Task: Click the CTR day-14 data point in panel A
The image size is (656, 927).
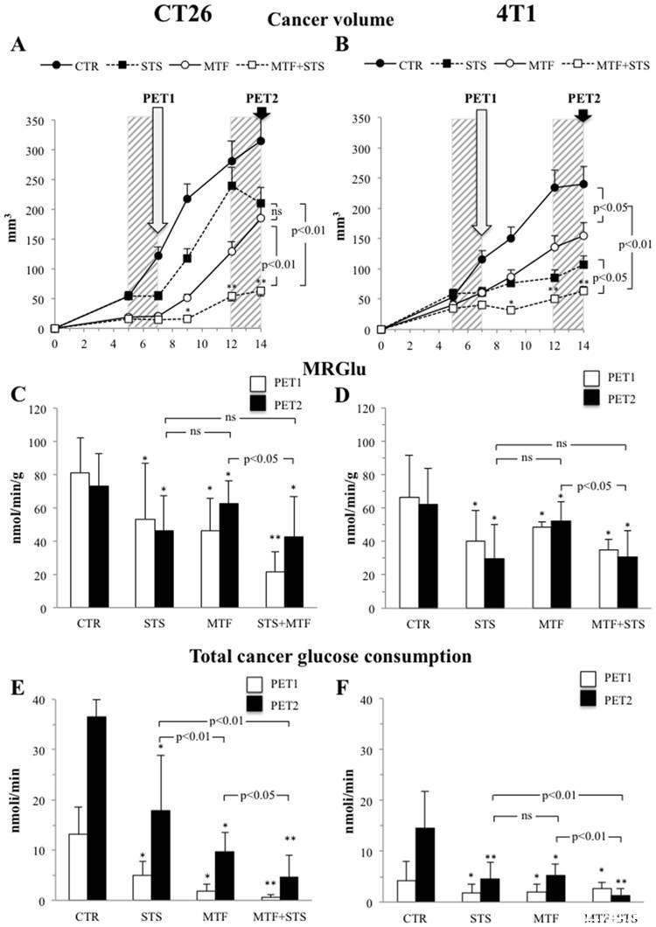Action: [x=261, y=141]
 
